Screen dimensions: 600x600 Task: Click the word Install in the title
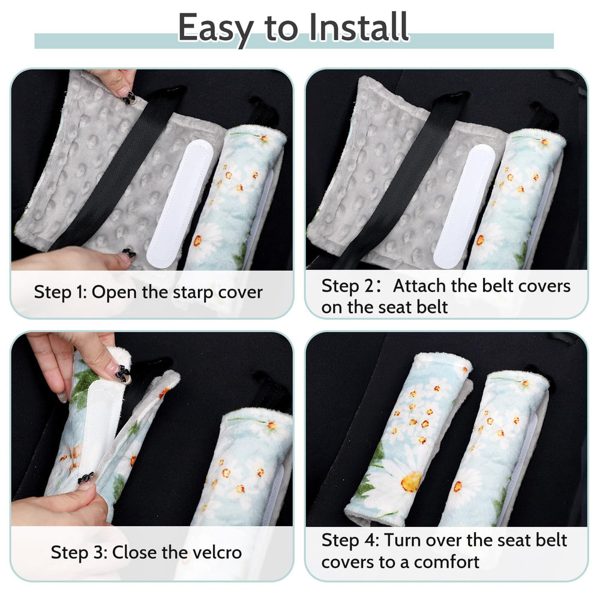(359, 27)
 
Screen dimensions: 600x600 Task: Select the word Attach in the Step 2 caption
(419, 286)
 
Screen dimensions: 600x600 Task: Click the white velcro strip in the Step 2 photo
(464, 206)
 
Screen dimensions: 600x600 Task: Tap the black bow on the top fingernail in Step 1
(129, 98)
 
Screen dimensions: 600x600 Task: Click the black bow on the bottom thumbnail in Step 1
(128, 253)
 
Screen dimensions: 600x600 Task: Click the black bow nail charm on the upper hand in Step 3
(123, 373)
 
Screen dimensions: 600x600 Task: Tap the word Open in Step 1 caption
(114, 293)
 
